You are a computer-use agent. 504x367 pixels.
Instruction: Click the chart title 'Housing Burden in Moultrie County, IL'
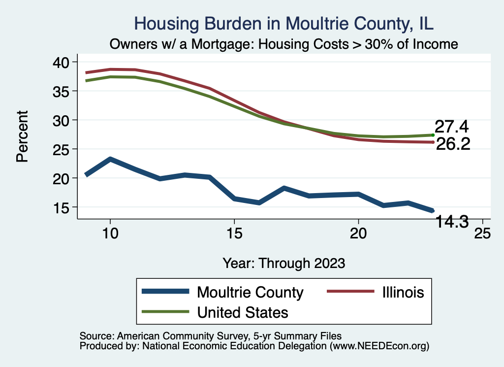coord(283,24)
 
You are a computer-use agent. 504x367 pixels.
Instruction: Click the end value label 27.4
coord(451,127)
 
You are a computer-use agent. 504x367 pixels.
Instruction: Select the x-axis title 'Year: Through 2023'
coord(283,263)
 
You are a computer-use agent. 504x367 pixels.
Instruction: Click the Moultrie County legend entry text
coord(250,292)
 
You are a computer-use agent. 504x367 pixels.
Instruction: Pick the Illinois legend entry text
coord(402,292)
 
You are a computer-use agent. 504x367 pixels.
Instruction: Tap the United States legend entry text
coord(243,312)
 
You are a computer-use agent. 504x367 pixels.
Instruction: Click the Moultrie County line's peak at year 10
coord(110,159)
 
